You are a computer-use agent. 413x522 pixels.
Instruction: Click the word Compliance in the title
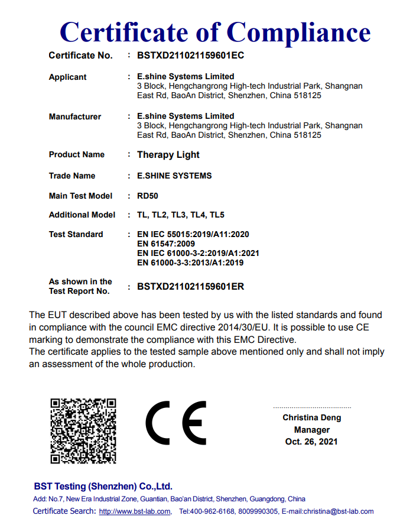(x=299, y=31)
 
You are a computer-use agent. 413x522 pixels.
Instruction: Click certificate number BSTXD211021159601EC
(x=190, y=56)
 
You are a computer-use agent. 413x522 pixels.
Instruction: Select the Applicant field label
(x=67, y=77)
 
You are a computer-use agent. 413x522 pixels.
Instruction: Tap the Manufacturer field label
(x=74, y=116)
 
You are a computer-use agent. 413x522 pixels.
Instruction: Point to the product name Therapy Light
(x=168, y=155)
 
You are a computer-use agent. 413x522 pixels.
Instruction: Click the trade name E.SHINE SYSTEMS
(x=174, y=176)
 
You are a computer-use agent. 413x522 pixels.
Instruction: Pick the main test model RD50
(x=148, y=196)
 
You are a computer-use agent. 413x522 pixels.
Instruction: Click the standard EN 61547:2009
(x=166, y=244)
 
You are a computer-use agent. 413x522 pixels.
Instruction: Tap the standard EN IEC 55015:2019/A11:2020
(x=193, y=234)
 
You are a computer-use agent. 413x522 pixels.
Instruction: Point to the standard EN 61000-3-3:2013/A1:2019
(x=190, y=262)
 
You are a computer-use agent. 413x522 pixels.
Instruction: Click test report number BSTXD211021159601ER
(x=190, y=287)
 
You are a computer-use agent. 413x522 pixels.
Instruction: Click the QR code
(x=83, y=430)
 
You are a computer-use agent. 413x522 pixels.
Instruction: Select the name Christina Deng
(x=311, y=418)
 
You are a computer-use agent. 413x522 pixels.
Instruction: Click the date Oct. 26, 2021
(x=311, y=442)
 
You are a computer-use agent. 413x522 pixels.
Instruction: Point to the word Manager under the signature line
(x=311, y=430)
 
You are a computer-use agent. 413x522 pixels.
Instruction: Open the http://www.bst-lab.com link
(x=135, y=511)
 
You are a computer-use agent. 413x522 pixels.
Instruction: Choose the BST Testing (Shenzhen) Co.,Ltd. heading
(x=103, y=487)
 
